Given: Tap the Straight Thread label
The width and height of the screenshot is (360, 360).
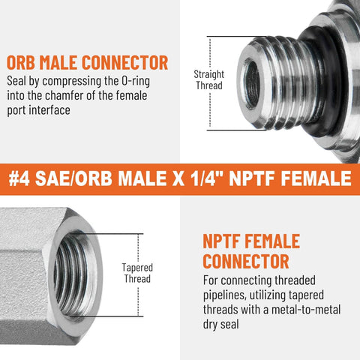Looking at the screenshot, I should click(209, 79).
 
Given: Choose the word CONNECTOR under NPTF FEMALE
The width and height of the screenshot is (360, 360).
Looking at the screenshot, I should click(246, 261).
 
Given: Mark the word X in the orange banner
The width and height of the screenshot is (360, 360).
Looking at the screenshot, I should click(173, 179).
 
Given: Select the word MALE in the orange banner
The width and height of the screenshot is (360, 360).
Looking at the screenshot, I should click(138, 179).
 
